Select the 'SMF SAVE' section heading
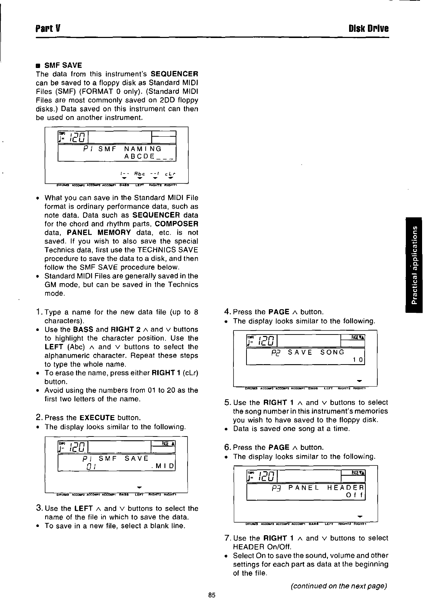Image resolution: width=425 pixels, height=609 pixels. (x=63, y=65)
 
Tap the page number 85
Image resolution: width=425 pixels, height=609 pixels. (x=212, y=595)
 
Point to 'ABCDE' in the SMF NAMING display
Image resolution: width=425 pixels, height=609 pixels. (x=139, y=156)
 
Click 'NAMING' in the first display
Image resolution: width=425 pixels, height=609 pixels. (x=143, y=149)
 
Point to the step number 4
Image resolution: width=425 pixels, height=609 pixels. (x=227, y=312)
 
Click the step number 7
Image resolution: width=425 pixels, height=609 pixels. (x=227, y=538)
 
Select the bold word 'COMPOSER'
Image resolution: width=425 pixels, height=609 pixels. (x=180, y=224)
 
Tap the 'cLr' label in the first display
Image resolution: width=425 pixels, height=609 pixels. (x=171, y=174)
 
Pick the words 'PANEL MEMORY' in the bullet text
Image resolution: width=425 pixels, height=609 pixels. (x=99, y=233)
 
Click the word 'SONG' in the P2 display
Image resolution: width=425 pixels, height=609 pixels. (x=332, y=352)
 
